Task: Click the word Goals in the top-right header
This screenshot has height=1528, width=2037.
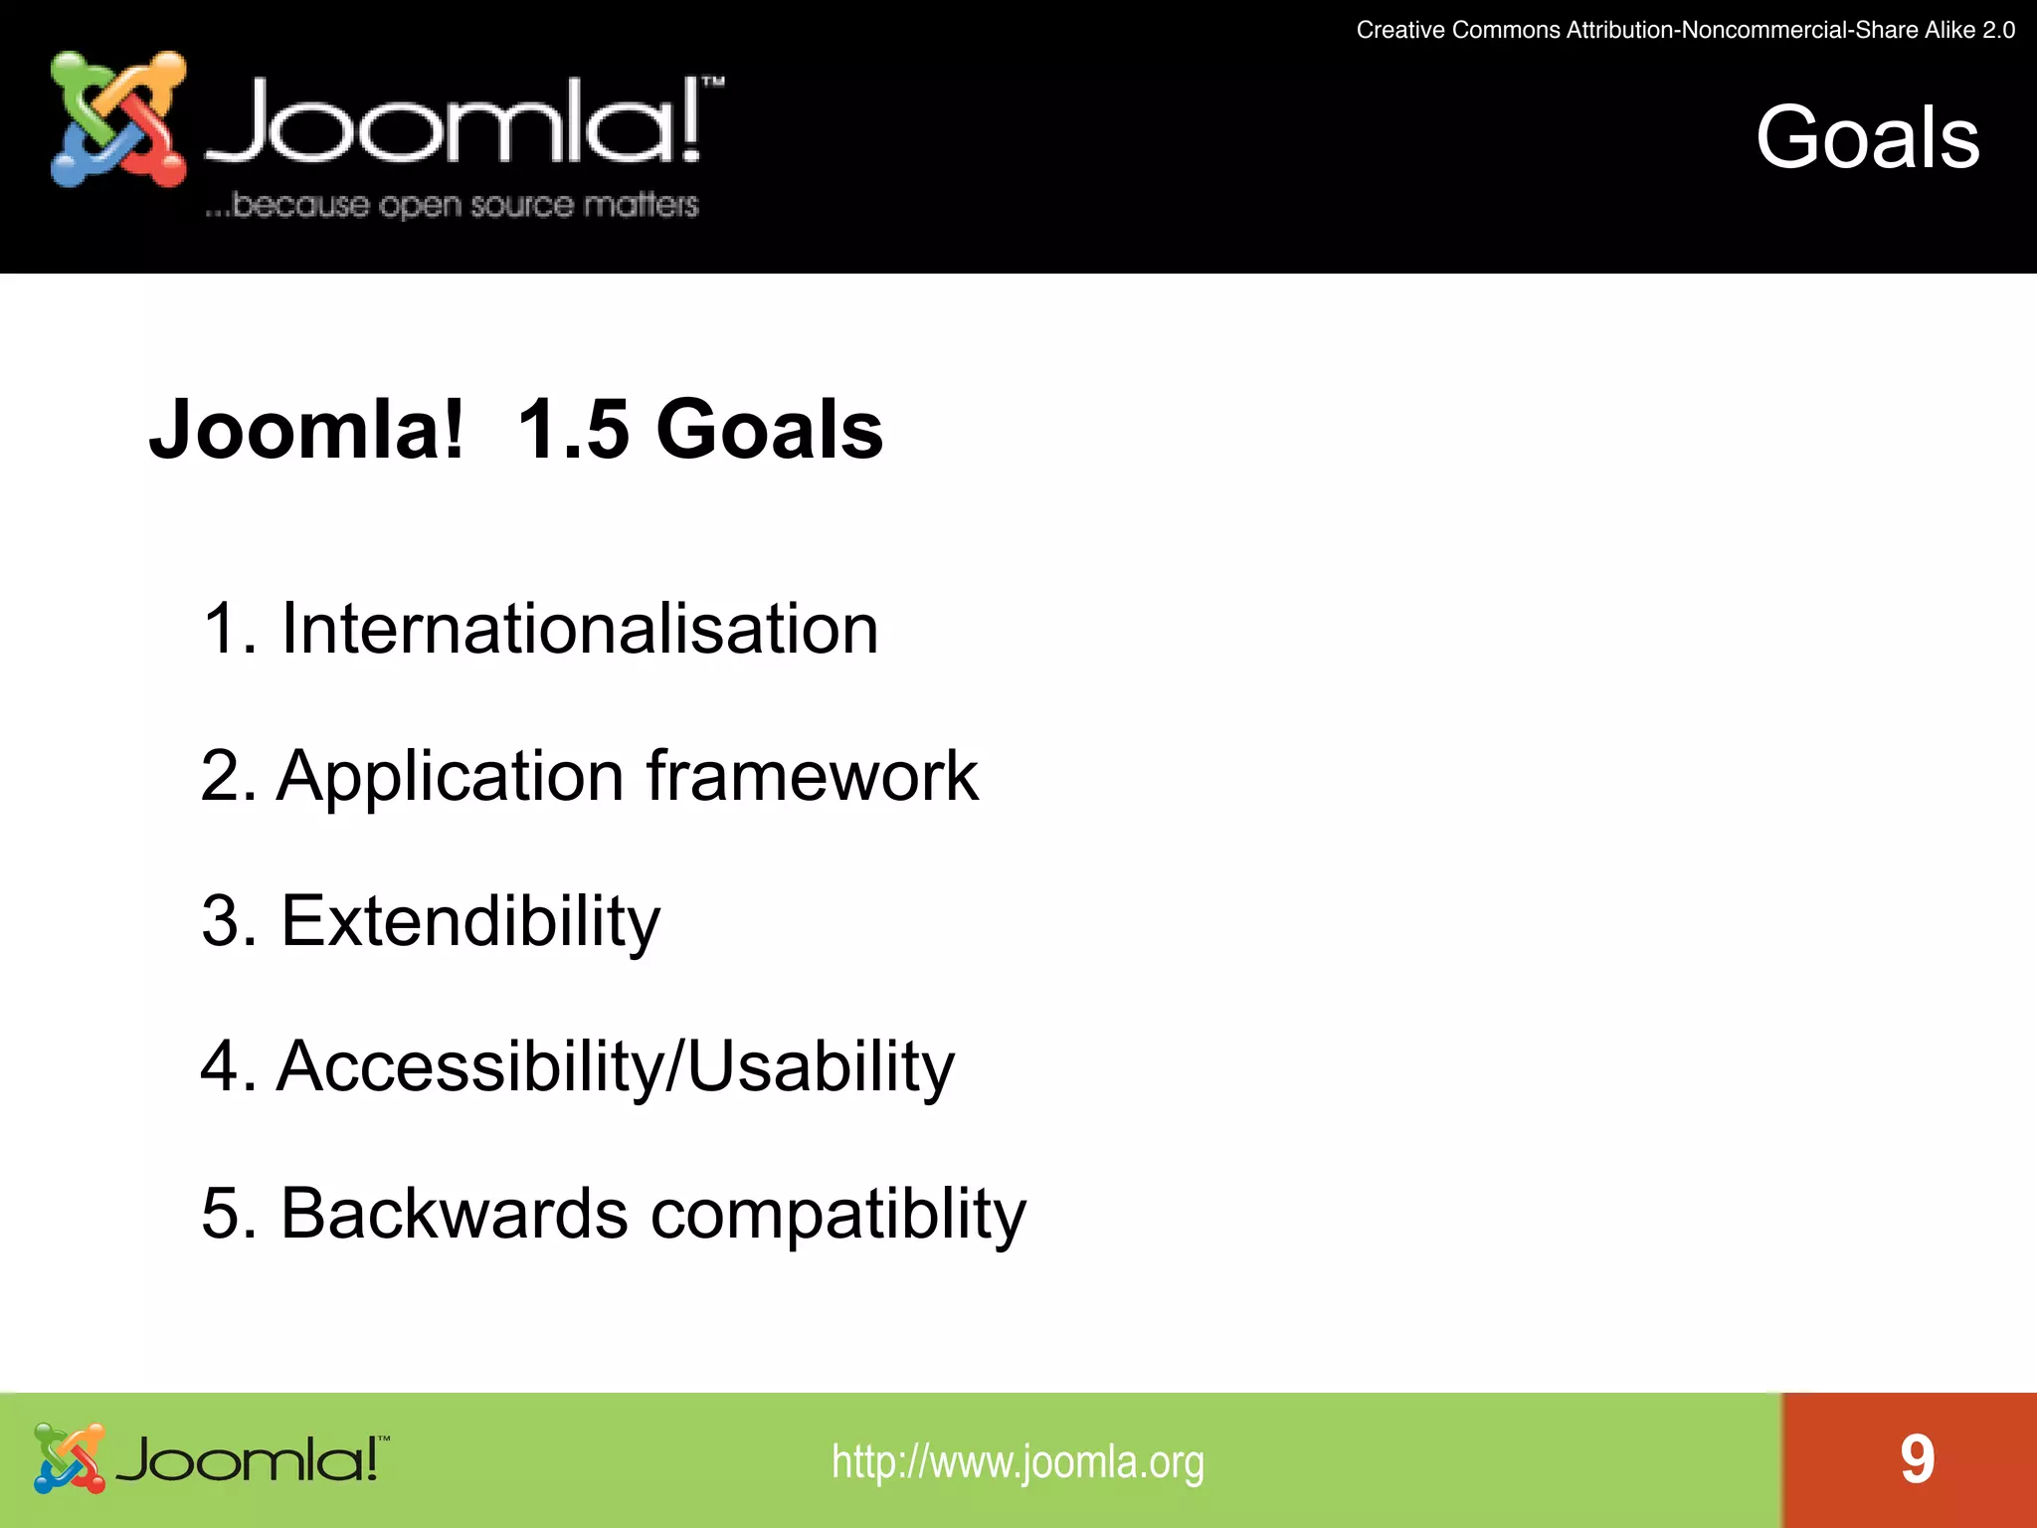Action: click(x=1867, y=138)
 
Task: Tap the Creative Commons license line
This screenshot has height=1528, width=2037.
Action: click(x=1685, y=30)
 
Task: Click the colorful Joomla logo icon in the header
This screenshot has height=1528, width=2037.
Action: click(x=118, y=119)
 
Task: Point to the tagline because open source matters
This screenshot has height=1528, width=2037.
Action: click(x=452, y=205)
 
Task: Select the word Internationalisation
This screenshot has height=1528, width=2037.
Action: click(x=579, y=629)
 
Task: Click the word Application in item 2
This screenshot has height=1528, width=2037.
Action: click(x=450, y=776)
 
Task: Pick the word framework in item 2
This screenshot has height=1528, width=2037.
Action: click(x=812, y=776)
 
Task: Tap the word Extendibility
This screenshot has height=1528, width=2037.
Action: click(x=469, y=921)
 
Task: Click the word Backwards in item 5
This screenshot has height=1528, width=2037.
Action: click(x=454, y=1213)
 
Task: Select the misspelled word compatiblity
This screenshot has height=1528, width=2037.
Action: click(x=837, y=1215)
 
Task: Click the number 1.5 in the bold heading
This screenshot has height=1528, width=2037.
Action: click(x=574, y=430)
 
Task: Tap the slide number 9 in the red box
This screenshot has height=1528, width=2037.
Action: click(x=1917, y=1459)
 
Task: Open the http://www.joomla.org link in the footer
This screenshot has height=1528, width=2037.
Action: click(x=1018, y=1461)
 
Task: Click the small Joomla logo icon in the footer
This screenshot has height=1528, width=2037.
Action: click(x=69, y=1458)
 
